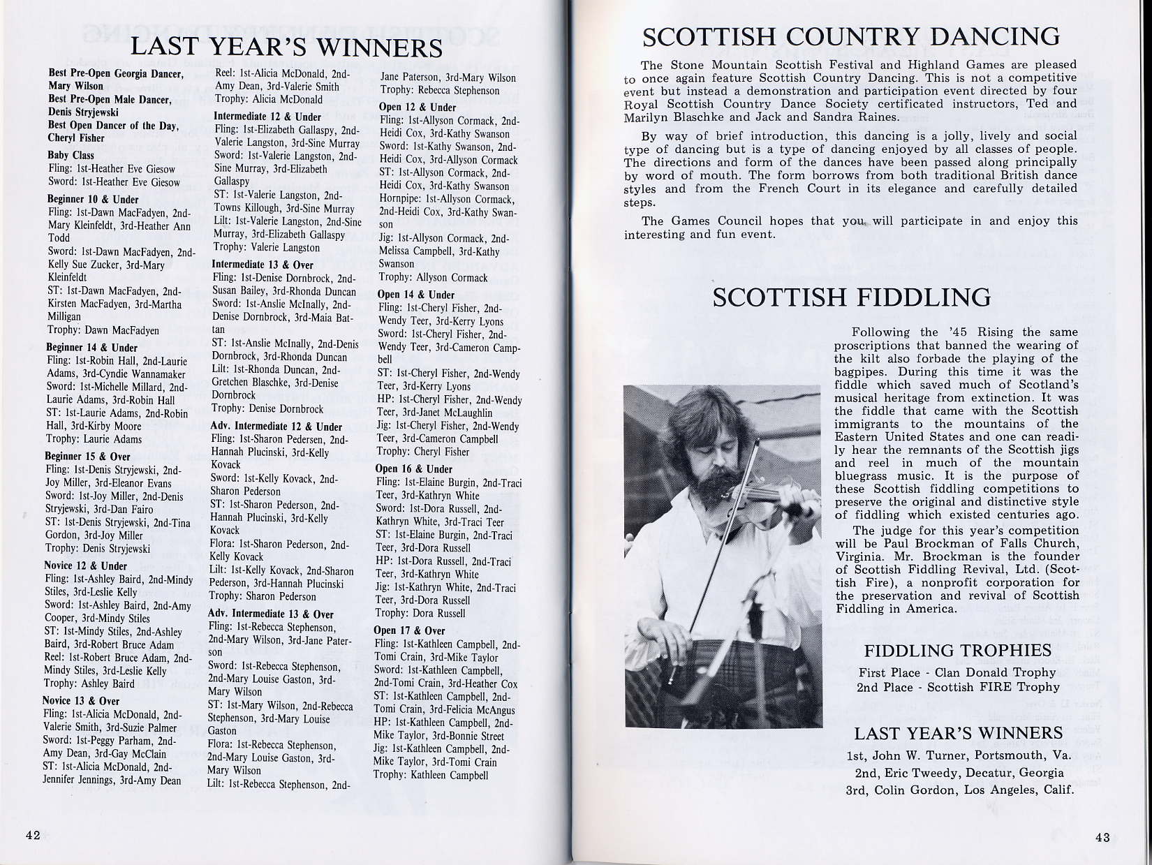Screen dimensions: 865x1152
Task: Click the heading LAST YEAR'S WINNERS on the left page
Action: [x=286, y=47]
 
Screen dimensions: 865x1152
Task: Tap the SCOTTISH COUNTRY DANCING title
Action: [x=851, y=36]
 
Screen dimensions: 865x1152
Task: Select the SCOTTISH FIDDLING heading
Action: [x=851, y=297]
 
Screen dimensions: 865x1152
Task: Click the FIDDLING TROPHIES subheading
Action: [x=957, y=651]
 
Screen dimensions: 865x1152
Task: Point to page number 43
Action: [x=1102, y=838]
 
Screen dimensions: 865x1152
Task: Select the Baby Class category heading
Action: [x=71, y=155]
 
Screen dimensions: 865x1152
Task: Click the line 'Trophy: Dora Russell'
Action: [x=420, y=613]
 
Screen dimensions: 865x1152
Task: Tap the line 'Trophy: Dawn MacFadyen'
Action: [x=103, y=330]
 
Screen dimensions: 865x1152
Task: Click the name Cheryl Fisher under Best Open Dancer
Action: [x=76, y=138]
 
